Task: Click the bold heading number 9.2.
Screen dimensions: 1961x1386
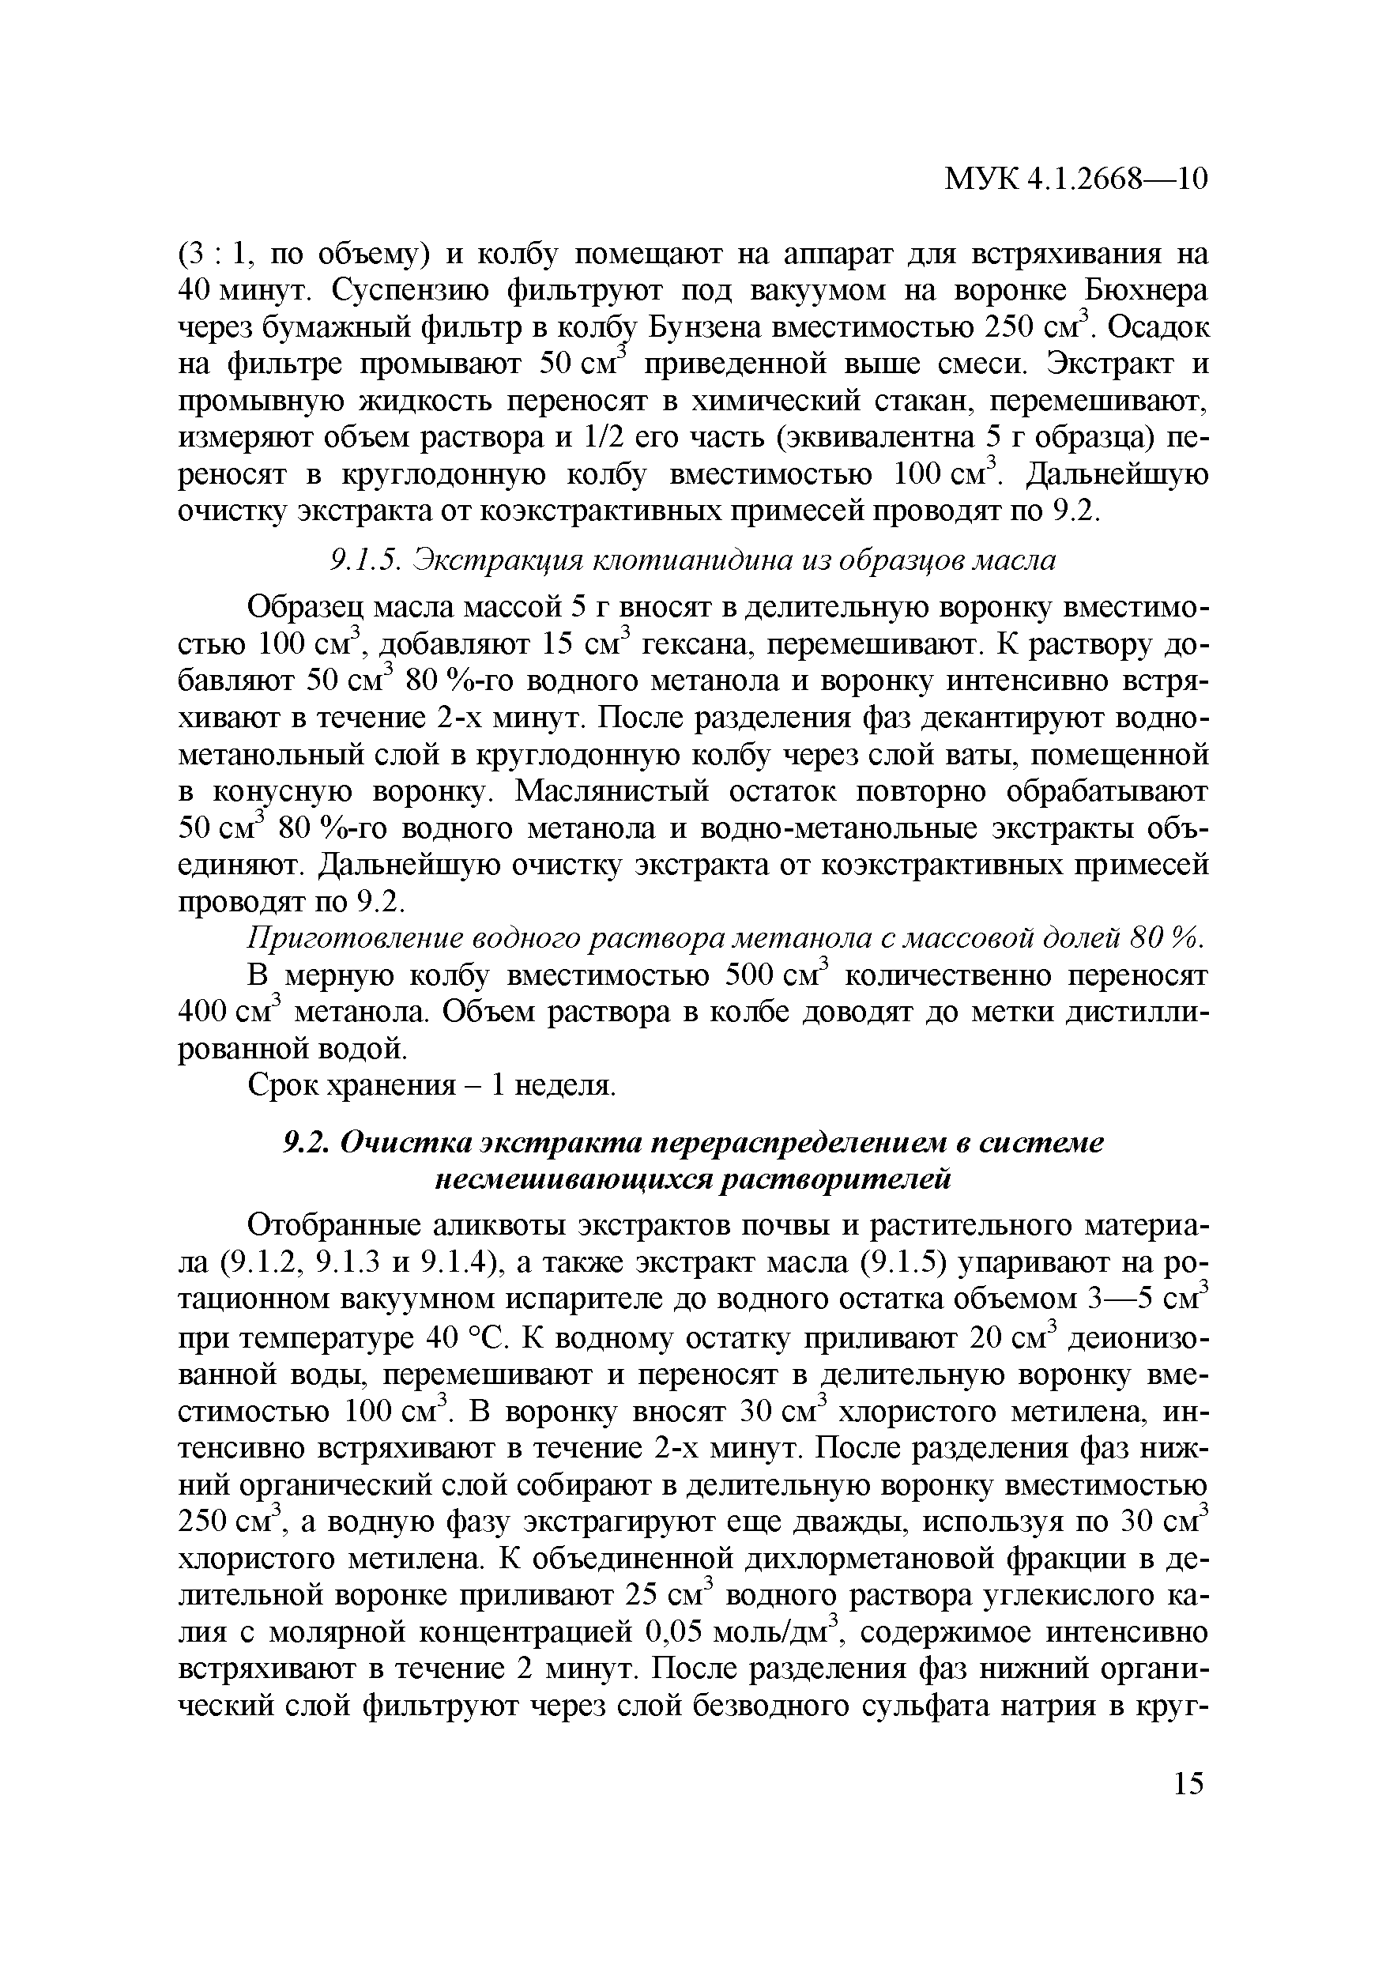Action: point(306,1143)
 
